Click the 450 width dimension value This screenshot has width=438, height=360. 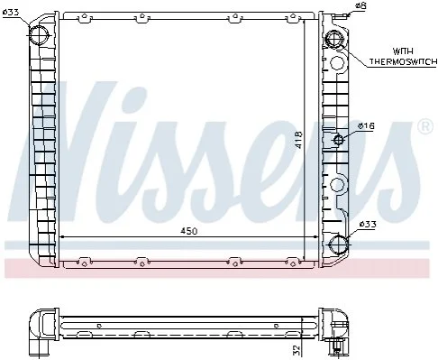(x=189, y=231)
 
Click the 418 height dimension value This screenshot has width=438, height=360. (x=298, y=140)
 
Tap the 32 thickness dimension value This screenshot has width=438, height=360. (x=297, y=349)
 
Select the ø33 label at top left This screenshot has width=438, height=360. (x=11, y=13)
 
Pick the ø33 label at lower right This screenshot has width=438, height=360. (x=368, y=224)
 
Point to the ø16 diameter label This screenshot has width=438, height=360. (x=366, y=125)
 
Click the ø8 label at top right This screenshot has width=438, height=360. (x=360, y=5)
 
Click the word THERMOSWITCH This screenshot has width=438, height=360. (x=403, y=61)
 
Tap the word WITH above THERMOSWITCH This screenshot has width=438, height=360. (x=403, y=51)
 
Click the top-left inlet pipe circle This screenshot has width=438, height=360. (x=39, y=35)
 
